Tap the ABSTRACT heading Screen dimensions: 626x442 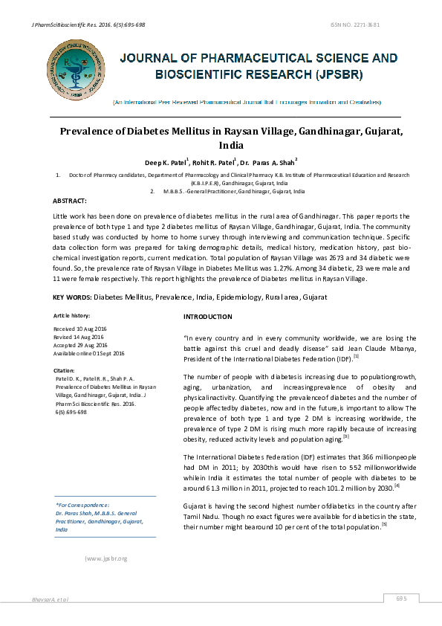[70, 201]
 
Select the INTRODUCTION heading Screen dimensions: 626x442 [208, 317]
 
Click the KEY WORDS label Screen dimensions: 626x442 [72, 297]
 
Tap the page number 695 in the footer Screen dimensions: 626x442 [402, 598]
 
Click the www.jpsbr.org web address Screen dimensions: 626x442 [108, 558]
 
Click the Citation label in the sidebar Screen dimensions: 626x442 [65, 370]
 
